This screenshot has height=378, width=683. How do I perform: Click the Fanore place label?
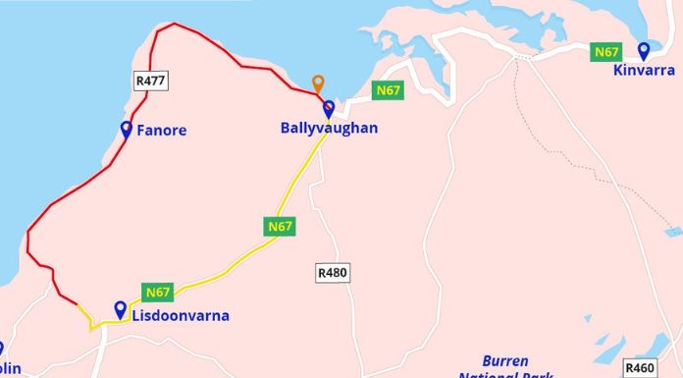pos(162,131)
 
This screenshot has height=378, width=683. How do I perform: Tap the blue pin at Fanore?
pos(127,129)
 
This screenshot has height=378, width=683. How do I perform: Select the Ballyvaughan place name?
pos(329,129)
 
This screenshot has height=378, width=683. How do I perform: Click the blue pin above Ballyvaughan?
pos(329,108)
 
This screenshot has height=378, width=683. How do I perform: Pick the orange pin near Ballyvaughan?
pos(317,83)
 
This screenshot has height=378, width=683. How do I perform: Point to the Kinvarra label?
pos(644,71)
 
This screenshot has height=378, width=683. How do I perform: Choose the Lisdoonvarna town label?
pos(181,316)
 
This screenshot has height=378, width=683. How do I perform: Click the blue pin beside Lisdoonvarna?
pos(121,309)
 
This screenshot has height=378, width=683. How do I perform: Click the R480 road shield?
pos(333,273)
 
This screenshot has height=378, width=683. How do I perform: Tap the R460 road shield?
pos(640,368)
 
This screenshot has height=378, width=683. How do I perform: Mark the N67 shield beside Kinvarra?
pos(604,51)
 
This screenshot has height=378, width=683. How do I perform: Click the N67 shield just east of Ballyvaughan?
pos(389,90)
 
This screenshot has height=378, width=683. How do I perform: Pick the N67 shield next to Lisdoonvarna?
pos(158,292)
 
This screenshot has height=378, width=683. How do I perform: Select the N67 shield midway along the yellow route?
pos(280,227)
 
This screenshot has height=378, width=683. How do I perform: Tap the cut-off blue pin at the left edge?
pos(1,349)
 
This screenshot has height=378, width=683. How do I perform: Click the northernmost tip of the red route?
pos(175,24)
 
